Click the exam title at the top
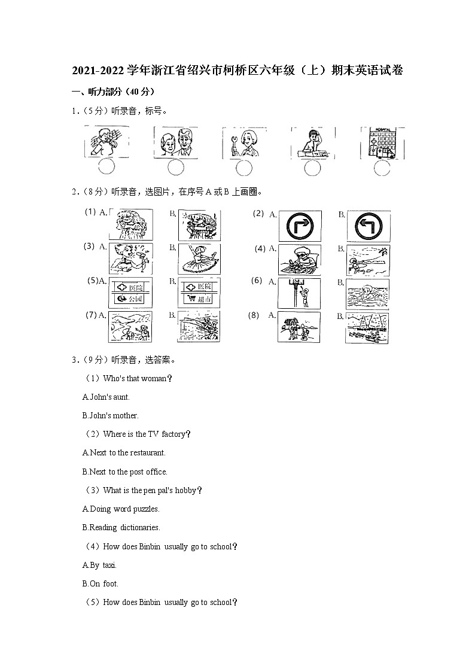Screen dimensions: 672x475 pyautogui.click(x=237, y=71)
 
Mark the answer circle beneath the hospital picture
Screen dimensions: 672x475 pyautogui.click(x=382, y=168)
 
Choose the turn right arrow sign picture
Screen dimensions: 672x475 pyautogui.click(x=300, y=226)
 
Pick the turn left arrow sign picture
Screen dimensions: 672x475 pyautogui.click(x=368, y=226)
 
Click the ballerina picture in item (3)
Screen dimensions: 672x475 pyautogui.click(x=199, y=259)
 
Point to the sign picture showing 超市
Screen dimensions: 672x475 pyautogui.click(x=199, y=292)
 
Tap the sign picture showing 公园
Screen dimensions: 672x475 pyautogui.click(x=130, y=292)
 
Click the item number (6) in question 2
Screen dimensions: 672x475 pyautogui.click(x=257, y=281)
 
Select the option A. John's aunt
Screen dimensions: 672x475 pyautogui.click(x=106, y=397)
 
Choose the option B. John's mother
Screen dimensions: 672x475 pyautogui.click(x=110, y=415)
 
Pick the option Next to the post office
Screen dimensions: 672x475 pyautogui.click(x=124, y=472)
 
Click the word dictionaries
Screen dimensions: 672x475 pyautogui.click(x=140, y=528)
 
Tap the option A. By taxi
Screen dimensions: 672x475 pyautogui.click(x=99, y=565)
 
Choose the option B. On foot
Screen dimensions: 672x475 pyautogui.click(x=100, y=583)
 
